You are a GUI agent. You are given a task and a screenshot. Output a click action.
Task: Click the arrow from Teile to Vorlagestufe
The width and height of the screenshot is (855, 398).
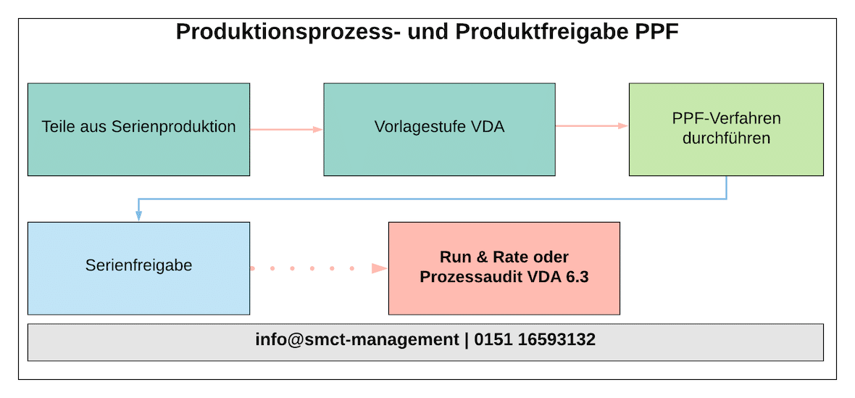(x=286, y=129)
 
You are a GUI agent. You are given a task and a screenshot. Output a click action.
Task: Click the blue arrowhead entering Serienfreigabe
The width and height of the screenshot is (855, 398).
(x=138, y=215)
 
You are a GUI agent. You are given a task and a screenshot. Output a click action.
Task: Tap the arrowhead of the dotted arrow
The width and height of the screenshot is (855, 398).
(x=379, y=268)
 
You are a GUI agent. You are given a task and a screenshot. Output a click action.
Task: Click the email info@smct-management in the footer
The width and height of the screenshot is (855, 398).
(x=357, y=339)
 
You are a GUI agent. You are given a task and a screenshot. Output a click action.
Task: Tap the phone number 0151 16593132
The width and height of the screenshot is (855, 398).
(x=535, y=339)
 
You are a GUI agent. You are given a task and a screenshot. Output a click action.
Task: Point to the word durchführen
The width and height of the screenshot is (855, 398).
(x=725, y=137)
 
